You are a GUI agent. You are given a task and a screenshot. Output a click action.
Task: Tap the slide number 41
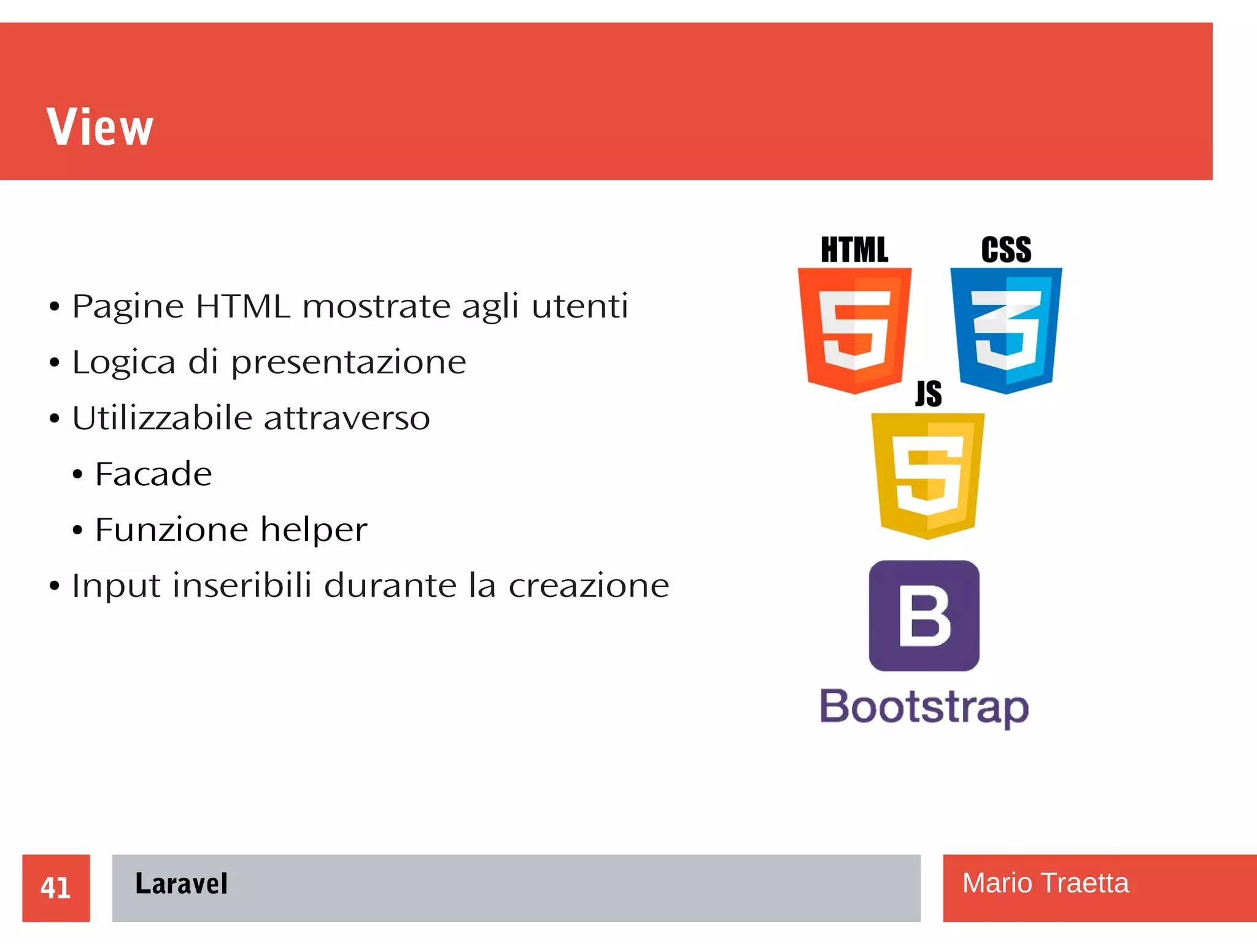pos(55,887)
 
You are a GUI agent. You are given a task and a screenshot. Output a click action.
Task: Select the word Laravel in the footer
pos(181,884)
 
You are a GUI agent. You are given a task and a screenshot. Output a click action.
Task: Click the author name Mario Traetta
pos(1045,883)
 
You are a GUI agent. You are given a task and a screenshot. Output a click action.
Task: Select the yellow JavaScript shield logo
pos(927,475)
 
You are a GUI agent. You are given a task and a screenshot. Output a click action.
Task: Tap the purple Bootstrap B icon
pos(924,615)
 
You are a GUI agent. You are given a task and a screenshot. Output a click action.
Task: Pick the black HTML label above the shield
pos(854,250)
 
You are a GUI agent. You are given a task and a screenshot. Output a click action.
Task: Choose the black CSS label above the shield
pos(1006,250)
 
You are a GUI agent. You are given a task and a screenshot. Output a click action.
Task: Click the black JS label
pos(929,394)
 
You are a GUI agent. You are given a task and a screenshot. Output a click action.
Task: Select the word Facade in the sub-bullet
pos(153,474)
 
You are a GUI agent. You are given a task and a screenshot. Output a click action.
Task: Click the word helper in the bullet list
pos(314,529)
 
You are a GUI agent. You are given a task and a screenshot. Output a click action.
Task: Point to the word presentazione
pos(349,362)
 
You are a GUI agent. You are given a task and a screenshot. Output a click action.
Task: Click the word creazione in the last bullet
pos(589,585)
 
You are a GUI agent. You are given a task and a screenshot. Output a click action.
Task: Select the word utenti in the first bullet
pos(580,306)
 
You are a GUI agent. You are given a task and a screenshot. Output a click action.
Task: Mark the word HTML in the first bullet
pos(243,306)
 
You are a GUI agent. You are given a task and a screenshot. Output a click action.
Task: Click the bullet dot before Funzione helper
pos(77,530)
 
